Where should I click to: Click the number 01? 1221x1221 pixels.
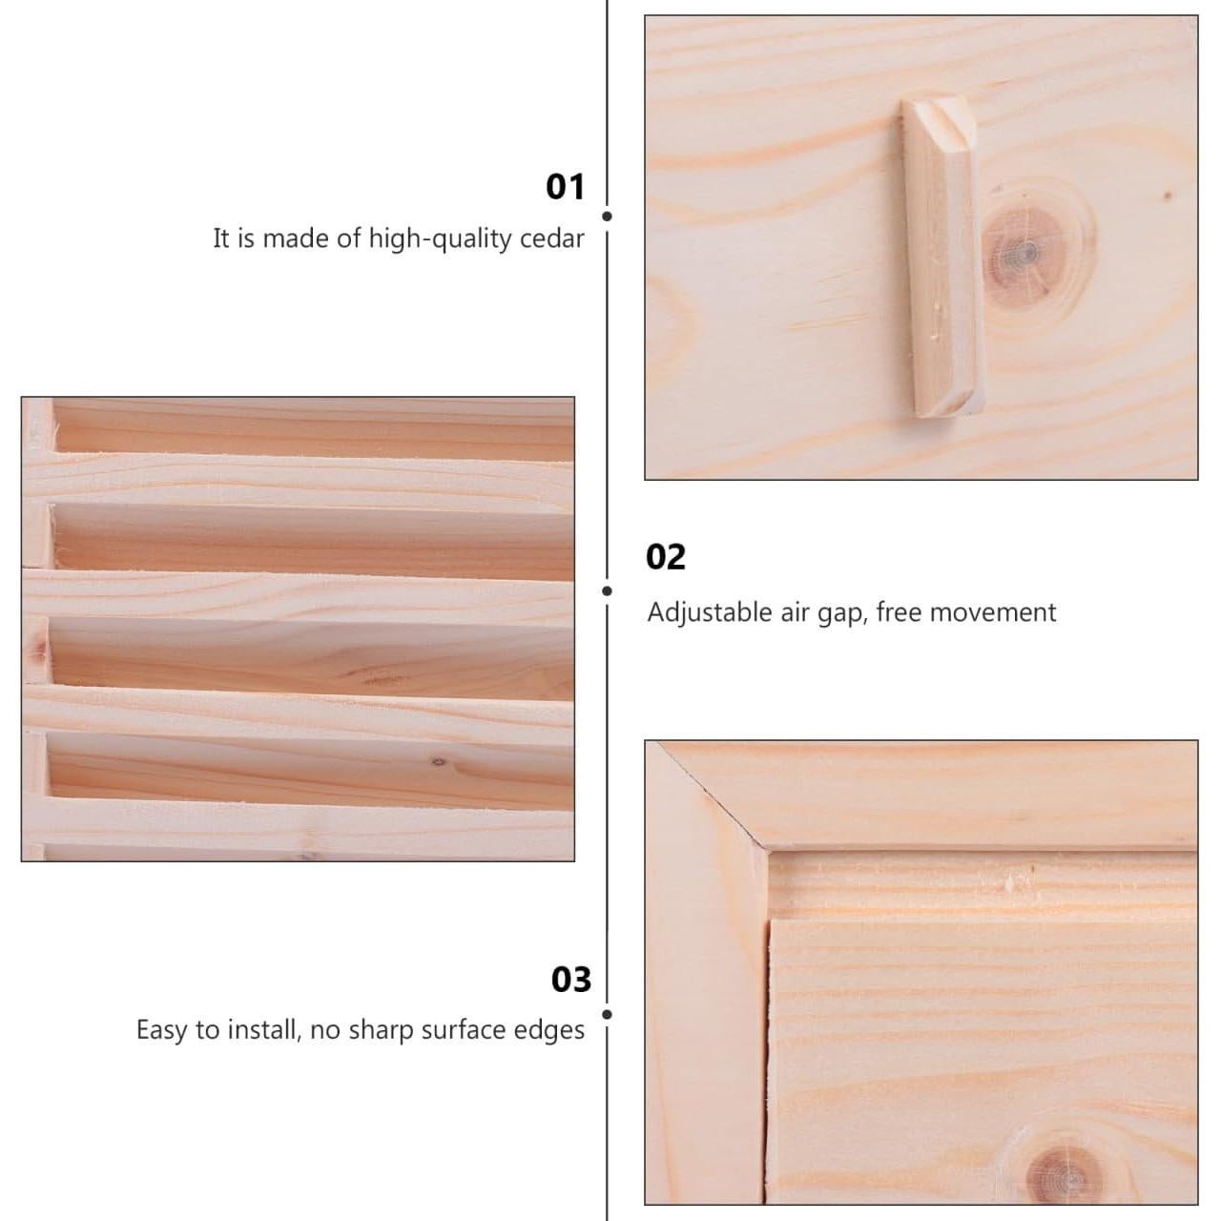(x=565, y=186)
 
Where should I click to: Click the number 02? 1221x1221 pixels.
(x=665, y=557)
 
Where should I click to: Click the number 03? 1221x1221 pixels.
(x=570, y=980)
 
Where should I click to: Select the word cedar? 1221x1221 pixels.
(x=551, y=238)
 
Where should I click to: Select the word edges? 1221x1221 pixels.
(x=549, y=1031)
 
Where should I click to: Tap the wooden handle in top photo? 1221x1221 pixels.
(x=941, y=258)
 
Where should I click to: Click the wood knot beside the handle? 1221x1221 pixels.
(x=1024, y=253)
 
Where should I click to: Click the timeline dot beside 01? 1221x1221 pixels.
(x=607, y=217)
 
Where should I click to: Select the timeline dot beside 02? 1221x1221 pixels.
(x=607, y=590)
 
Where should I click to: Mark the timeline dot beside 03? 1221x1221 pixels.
(x=607, y=1014)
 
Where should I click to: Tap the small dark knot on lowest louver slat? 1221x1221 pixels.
(x=439, y=761)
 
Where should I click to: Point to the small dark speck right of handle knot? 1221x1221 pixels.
(x=1168, y=196)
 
